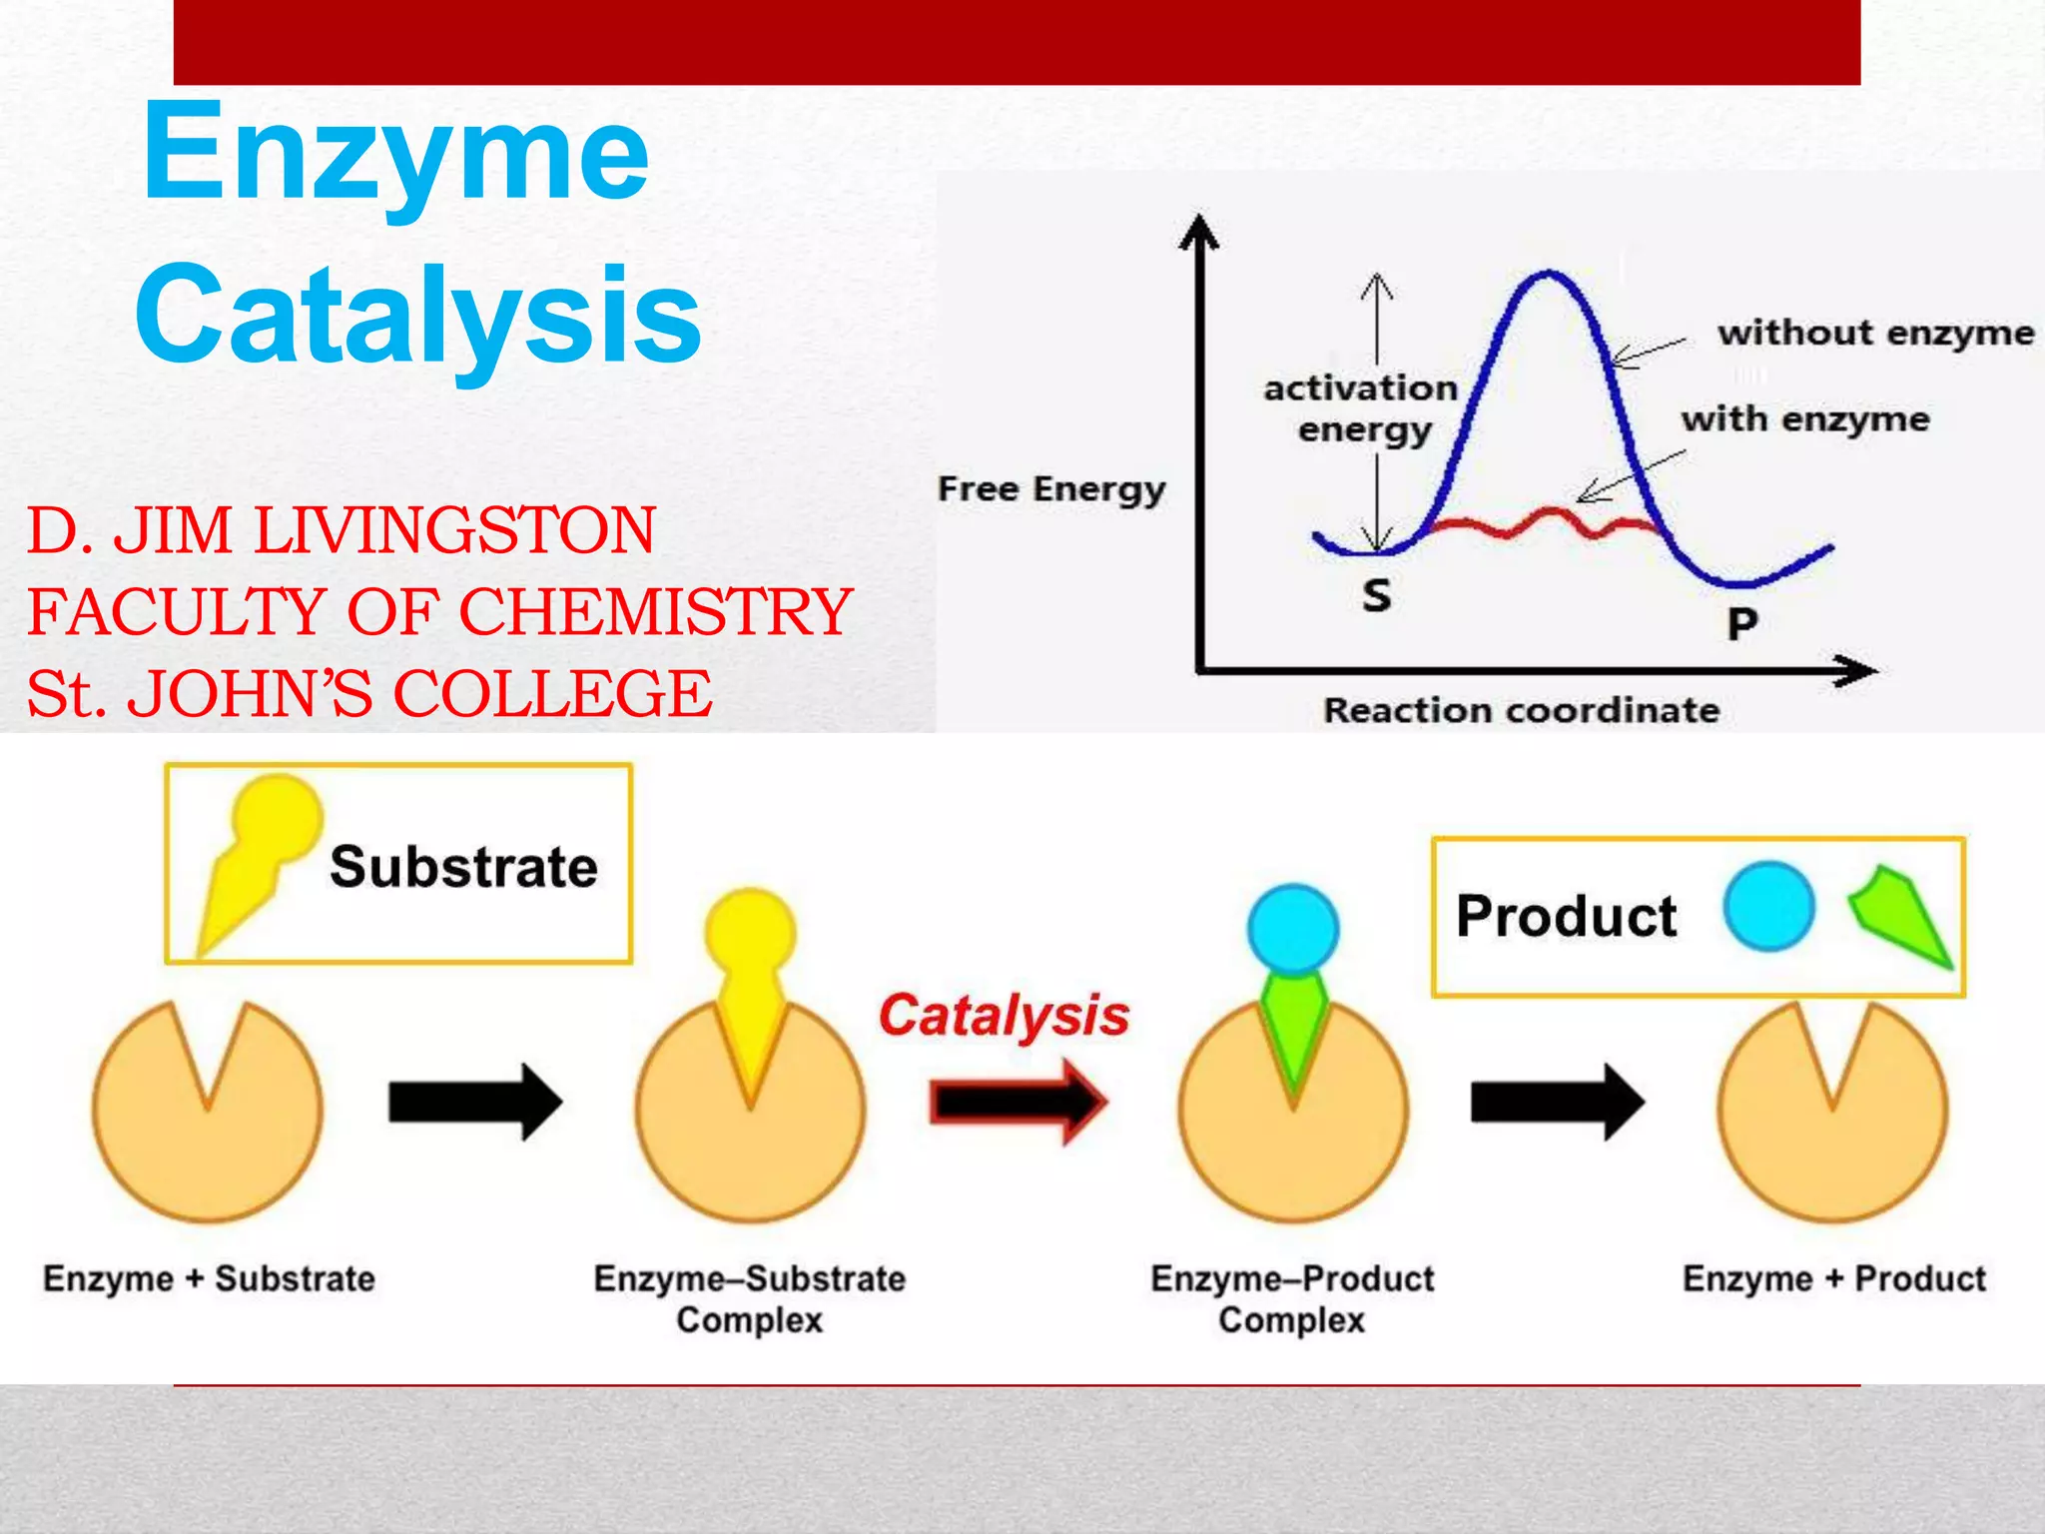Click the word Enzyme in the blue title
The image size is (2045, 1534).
[x=395, y=155]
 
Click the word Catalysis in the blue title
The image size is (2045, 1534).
[x=419, y=315]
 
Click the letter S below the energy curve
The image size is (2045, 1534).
[x=1377, y=595]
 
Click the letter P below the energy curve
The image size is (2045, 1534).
[x=1742, y=624]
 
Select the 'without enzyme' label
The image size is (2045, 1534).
[x=1875, y=334]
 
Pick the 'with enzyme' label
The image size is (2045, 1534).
[x=1804, y=419]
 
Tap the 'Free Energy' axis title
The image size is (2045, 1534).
[x=1051, y=489]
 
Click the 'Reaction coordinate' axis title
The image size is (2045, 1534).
[x=1521, y=710]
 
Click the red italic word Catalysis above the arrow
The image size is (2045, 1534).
[x=1004, y=1016]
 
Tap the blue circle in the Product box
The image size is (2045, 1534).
[x=1768, y=907]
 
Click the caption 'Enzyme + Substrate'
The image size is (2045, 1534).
[x=209, y=1278]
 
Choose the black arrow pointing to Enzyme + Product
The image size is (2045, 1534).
[x=1557, y=1102]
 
